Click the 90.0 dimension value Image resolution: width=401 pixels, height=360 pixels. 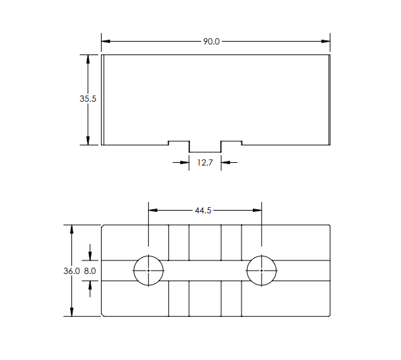click(211, 42)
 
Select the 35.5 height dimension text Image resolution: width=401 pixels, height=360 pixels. click(88, 98)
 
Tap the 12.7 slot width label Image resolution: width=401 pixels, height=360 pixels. click(205, 162)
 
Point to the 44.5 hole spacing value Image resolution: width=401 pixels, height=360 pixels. click(203, 211)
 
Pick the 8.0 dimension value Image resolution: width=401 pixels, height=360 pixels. click(89, 271)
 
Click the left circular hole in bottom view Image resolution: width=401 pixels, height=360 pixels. click(149, 271)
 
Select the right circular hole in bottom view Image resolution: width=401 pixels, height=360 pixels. click(262, 271)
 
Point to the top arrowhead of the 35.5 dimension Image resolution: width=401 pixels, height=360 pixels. click(88, 59)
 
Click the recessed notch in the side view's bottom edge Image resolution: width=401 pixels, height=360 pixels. click(205, 147)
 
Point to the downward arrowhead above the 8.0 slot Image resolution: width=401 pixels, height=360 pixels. click(90, 256)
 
